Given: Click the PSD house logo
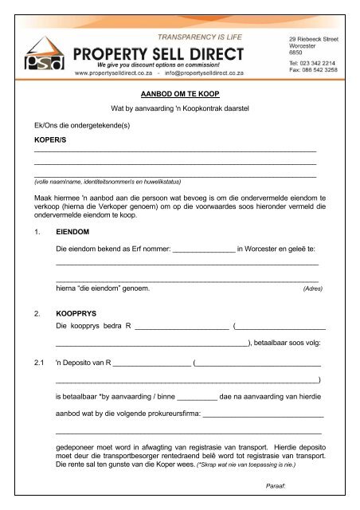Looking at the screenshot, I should click(45, 53).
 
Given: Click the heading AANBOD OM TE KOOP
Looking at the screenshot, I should click(179, 93).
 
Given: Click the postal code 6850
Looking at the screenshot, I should click(295, 51).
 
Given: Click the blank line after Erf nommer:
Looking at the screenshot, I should click(203, 250).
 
